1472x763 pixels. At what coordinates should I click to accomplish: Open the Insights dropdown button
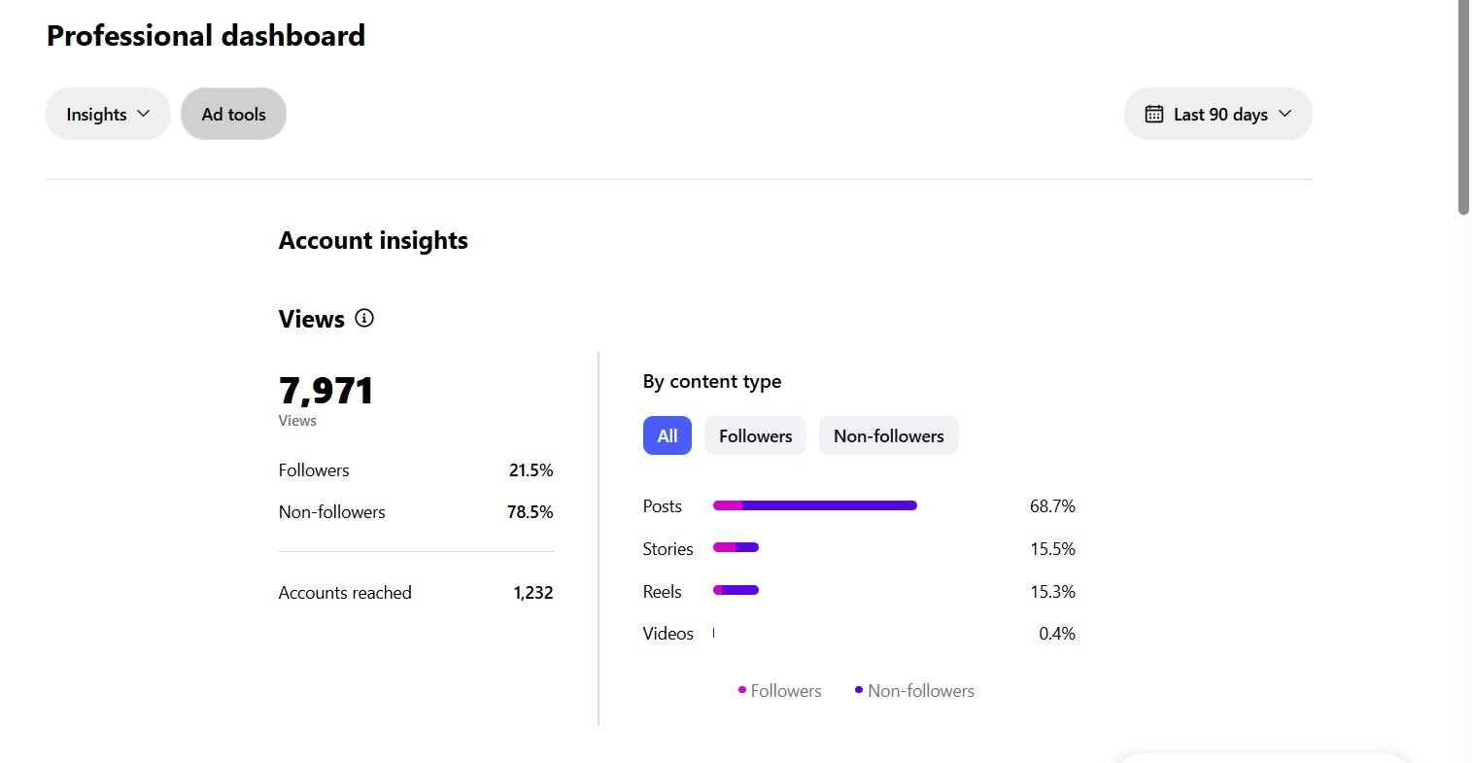click(x=108, y=114)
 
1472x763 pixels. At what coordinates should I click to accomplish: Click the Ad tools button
click(x=233, y=114)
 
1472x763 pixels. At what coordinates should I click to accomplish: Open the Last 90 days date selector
click(x=1217, y=114)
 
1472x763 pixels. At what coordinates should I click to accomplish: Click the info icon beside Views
click(x=364, y=318)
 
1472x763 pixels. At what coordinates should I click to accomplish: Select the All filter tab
click(x=667, y=435)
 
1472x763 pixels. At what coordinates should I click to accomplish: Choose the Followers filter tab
click(x=755, y=435)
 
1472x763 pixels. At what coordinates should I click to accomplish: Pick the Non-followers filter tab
click(x=888, y=435)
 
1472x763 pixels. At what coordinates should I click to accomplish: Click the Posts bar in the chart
click(x=814, y=505)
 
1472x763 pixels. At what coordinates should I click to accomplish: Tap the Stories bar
click(x=736, y=547)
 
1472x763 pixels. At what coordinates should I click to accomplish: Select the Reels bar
click(x=736, y=590)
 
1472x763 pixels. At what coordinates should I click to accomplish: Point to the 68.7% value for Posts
click(x=1052, y=506)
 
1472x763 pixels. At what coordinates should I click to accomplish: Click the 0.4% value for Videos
click(x=1056, y=634)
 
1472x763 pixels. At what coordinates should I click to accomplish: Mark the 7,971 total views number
click(x=325, y=391)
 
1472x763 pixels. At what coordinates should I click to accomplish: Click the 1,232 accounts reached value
click(x=532, y=593)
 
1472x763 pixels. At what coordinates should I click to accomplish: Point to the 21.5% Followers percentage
click(x=531, y=470)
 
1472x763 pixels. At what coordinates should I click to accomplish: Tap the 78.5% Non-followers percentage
click(x=530, y=512)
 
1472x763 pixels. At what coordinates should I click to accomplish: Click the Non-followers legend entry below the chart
click(x=914, y=691)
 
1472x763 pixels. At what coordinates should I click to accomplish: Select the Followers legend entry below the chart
click(x=780, y=691)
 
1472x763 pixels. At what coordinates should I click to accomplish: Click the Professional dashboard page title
click(x=206, y=36)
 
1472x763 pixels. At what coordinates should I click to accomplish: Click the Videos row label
click(x=668, y=634)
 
